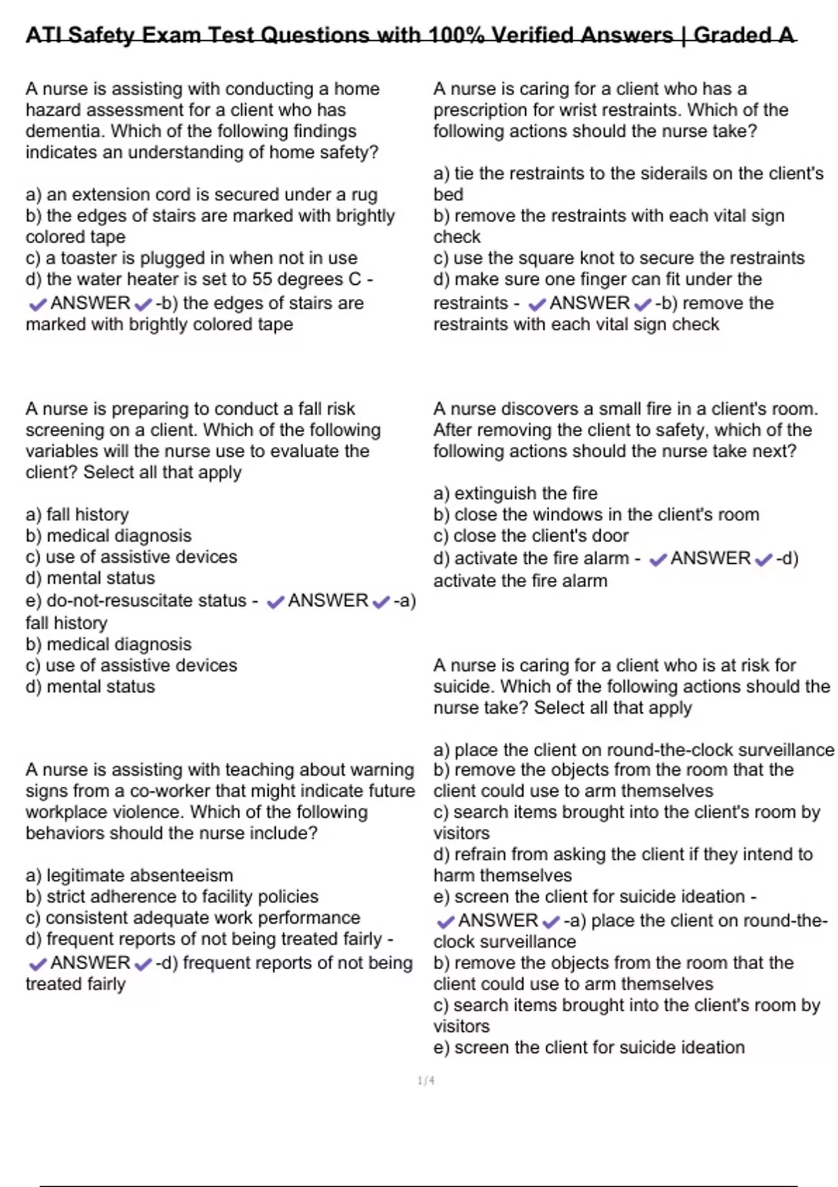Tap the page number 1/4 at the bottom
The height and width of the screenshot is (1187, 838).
(426, 1081)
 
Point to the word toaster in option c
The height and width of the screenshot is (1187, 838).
(93, 258)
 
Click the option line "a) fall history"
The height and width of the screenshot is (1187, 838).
(78, 515)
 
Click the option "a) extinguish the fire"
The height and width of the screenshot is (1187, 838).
(515, 493)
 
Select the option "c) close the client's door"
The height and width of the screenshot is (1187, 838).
(531, 536)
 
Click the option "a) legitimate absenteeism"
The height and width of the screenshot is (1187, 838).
(129, 875)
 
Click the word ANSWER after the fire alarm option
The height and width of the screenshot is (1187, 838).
(710, 559)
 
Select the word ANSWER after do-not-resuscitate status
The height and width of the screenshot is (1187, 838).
(328, 600)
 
